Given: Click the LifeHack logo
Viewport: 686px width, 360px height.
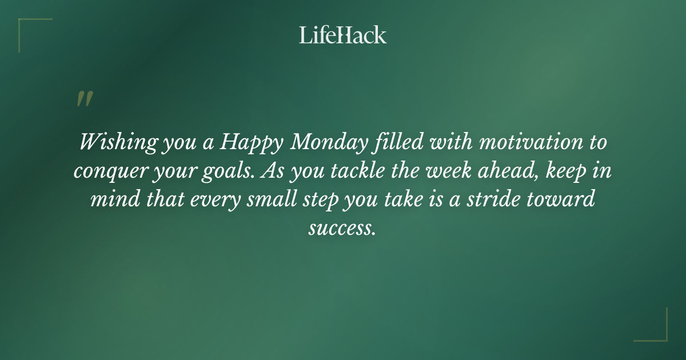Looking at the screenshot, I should click(342, 35).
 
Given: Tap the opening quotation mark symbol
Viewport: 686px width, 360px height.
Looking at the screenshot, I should click(84, 99).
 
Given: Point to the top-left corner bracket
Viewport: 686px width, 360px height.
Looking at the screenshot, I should click(29, 29).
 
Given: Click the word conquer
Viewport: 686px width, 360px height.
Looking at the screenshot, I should click(108, 171).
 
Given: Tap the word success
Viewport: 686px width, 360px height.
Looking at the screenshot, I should click(342, 229).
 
